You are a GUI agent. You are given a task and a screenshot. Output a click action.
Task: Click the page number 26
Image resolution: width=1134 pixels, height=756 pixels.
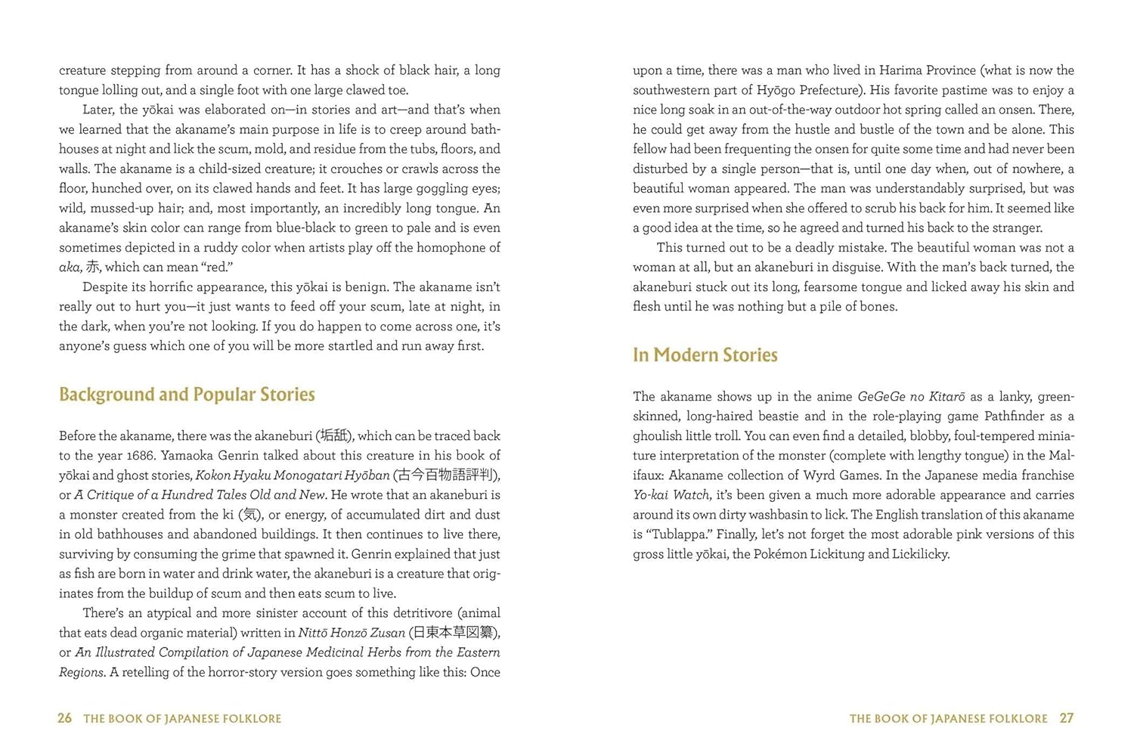[x=65, y=718]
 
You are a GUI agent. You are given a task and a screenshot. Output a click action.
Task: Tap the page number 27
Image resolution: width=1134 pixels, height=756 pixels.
[x=1066, y=718]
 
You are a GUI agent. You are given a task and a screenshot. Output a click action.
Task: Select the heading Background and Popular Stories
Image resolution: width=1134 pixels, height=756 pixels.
[x=187, y=395]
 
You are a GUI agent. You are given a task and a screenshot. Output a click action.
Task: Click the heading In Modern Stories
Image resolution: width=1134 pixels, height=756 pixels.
[x=705, y=355]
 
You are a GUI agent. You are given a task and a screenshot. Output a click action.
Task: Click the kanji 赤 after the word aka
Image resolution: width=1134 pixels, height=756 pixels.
[x=92, y=267]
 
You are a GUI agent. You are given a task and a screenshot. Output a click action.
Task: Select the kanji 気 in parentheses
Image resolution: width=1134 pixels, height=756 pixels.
[x=251, y=515]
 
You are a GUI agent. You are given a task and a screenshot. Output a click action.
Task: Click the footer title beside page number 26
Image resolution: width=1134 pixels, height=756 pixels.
[x=182, y=719]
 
